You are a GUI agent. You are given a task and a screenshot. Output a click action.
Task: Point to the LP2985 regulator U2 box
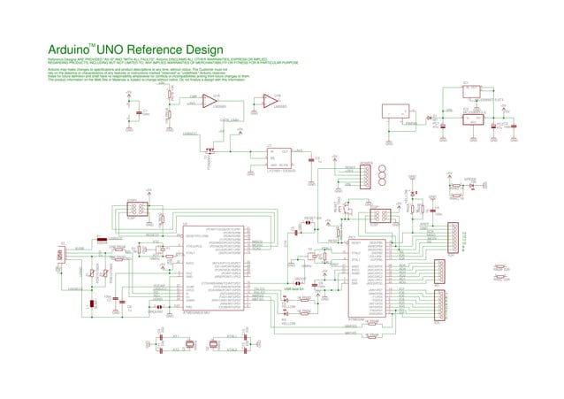tap(280, 158)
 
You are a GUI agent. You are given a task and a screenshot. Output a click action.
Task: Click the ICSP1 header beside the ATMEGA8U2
tap(137, 210)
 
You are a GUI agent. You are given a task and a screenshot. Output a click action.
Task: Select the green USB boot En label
tap(293, 288)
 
